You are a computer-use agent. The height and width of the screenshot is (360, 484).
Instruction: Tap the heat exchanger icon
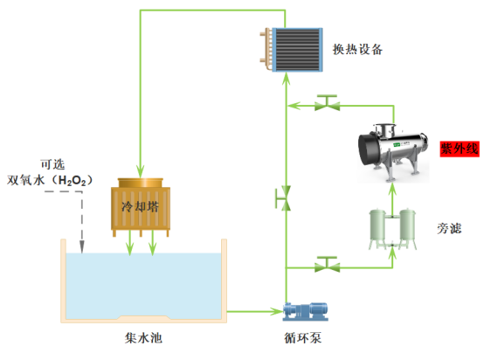[293, 50]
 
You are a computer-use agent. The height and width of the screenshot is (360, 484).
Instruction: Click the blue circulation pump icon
[302, 310]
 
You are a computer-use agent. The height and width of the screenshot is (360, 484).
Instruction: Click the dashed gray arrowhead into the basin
[81, 248]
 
